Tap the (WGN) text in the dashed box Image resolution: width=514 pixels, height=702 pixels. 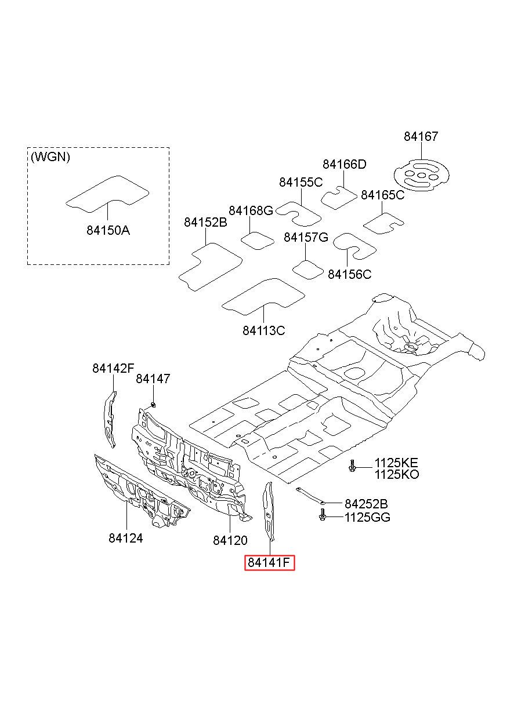click(50, 157)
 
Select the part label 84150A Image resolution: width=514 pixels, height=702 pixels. click(108, 230)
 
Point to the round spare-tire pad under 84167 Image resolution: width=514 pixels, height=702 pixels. click(421, 175)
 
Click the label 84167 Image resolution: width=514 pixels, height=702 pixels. click(421, 136)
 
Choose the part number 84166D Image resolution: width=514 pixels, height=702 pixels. click(345, 164)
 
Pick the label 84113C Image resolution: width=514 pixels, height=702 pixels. click(264, 330)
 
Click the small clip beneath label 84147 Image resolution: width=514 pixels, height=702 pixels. click(153, 405)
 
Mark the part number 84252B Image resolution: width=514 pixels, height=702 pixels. click(366, 504)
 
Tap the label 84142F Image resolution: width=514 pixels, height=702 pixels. click(113, 368)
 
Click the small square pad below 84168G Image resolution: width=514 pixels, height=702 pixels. click(258, 241)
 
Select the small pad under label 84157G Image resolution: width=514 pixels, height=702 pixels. click(307, 270)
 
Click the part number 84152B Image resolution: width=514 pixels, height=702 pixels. click(205, 222)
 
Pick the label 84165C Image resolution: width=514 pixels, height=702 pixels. click(382, 195)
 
